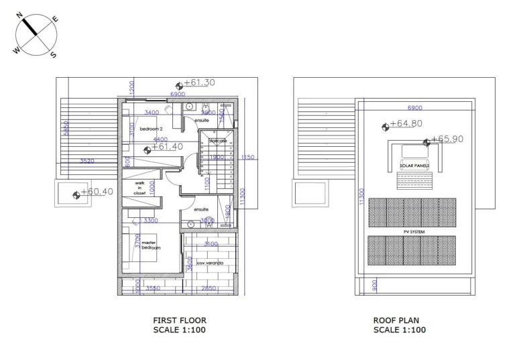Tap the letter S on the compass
(x=53, y=55)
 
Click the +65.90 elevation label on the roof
(x=447, y=139)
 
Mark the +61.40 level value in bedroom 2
(x=168, y=147)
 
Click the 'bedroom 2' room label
(x=151, y=128)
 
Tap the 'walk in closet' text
(x=139, y=188)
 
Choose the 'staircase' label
(x=217, y=141)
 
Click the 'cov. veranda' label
(x=210, y=263)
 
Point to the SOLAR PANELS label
(x=414, y=164)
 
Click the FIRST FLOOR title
(x=180, y=320)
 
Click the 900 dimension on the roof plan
(x=375, y=285)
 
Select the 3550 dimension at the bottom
(x=153, y=288)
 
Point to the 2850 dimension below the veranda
(x=209, y=288)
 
